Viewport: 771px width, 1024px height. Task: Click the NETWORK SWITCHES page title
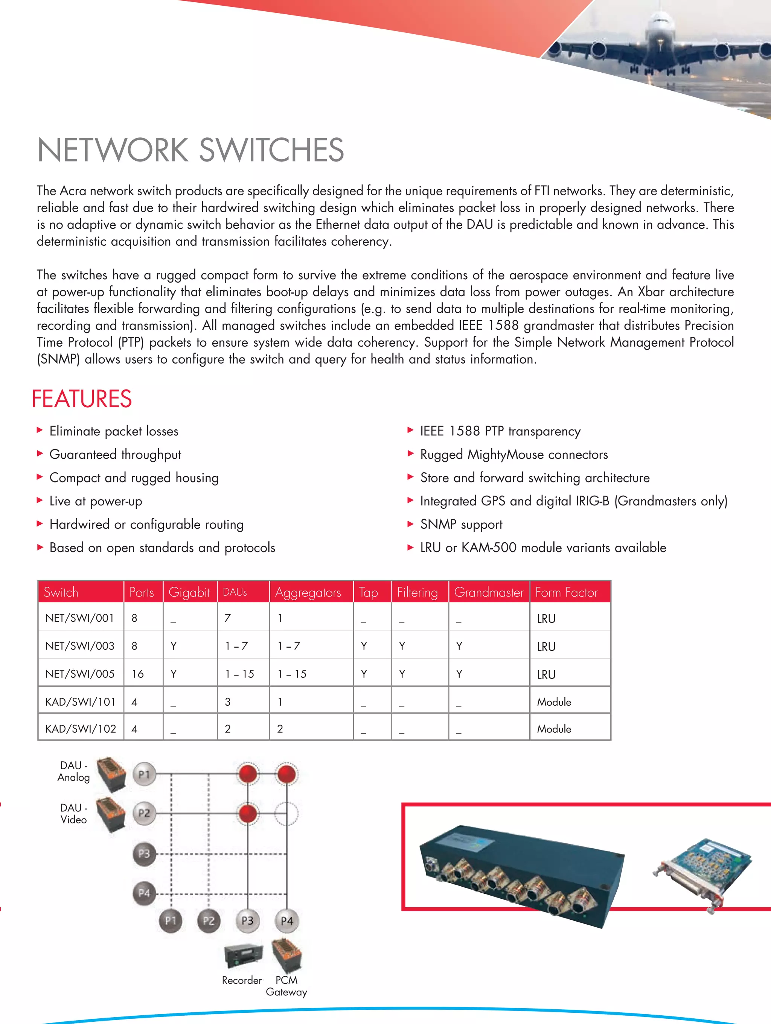click(190, 150)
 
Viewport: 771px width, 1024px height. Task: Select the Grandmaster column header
click(489, 592)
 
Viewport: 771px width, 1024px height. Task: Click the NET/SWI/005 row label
click(80, 674)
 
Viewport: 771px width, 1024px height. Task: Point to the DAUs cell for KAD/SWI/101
click(228, 702)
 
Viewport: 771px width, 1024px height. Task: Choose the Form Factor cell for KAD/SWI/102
click(554, 729)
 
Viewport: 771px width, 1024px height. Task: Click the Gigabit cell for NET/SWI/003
click(174, 646)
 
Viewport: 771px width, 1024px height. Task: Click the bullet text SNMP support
click(461, 525)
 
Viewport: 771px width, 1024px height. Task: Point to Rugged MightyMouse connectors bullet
click(513, 455)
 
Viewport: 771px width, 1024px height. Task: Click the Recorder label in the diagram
click(242, 980)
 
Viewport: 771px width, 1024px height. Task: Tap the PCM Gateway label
click(286, 986)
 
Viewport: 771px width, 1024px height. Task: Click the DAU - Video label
click(74, 813)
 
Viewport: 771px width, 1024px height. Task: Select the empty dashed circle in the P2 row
click(286, 813)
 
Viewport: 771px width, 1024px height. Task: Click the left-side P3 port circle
click(144, 853)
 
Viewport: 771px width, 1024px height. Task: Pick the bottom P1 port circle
click(171, 921)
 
